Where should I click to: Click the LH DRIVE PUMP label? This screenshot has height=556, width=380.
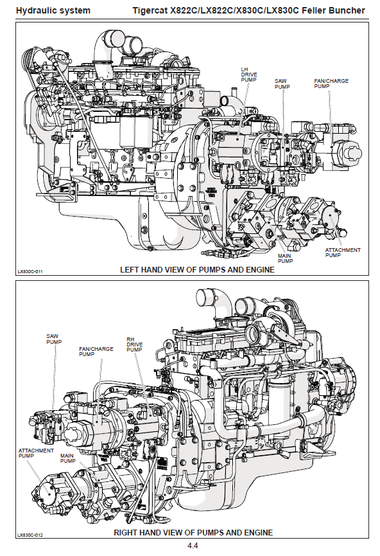[249, 75]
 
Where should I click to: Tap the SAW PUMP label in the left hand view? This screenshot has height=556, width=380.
[282, 84]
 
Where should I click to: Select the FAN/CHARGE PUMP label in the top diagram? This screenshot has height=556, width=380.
[331, 84]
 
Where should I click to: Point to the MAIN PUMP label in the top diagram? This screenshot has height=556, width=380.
[285, 258]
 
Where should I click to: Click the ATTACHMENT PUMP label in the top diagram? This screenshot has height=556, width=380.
[343, 253]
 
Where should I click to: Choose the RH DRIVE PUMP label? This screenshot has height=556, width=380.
[135, 345]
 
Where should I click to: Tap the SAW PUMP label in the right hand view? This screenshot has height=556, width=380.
[54, 339]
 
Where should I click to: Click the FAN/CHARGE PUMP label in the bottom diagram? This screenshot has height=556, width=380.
[96, 352]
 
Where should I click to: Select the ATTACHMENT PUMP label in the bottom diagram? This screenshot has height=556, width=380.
[36, 453]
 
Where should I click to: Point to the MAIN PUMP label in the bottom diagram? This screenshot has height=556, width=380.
[67, 458]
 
